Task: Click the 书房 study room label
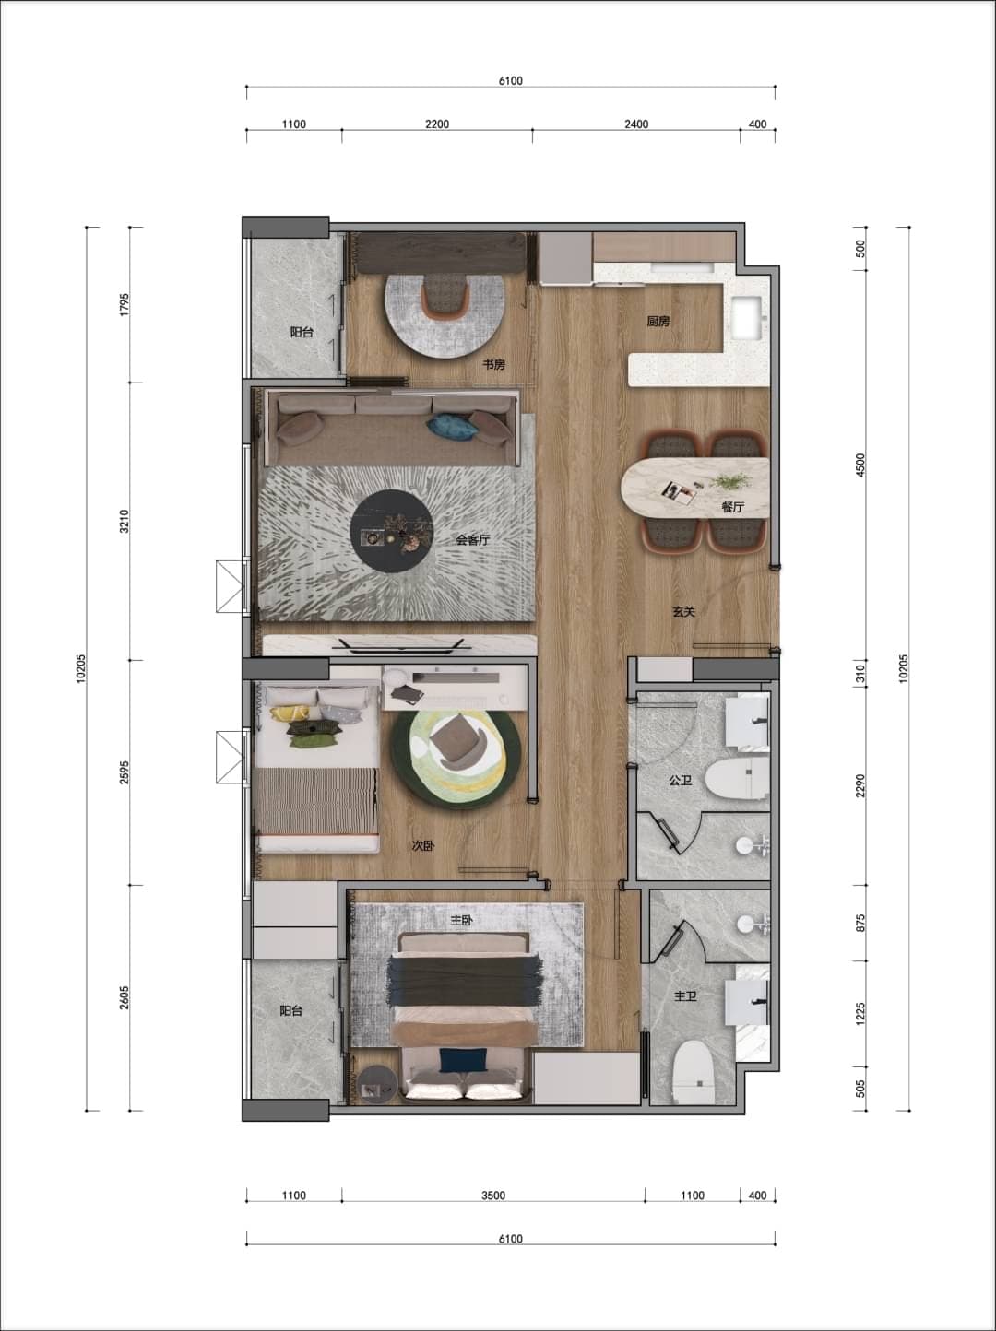tap(493, 364)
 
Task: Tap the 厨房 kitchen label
tap(658, 322)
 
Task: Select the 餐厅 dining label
tap(733, 507)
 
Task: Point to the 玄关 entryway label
tap(683, 612)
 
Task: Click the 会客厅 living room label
tap(473, 540)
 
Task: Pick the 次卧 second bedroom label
tap(423, 845)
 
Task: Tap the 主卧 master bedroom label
tap(461, 921)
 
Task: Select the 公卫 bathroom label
tap(681, 781)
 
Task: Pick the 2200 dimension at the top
tap(437, 124)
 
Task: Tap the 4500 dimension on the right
tap(860, 465)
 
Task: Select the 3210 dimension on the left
tap(125, 521)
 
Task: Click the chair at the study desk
tap(446, 295)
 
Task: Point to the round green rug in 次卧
tap(456, 758)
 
